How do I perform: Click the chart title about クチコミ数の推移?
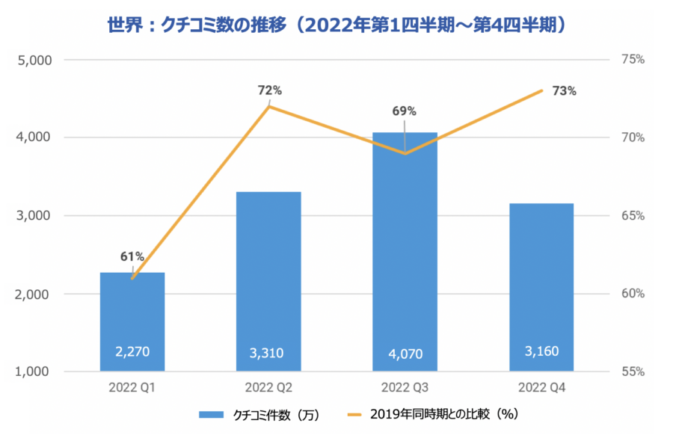(x=336, y=25)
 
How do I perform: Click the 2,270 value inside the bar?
(x=132, y=351)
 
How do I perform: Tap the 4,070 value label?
(x=405, y=352)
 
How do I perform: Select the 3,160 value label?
(x=541, y=351)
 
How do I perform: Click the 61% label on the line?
(x=132, y=256)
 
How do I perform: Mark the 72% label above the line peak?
(x=269, y=90)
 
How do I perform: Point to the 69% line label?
(x=405, y=111)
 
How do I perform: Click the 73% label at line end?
(x=565, y=91)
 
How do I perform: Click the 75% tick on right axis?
(x=633, y=60)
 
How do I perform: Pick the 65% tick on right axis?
(x=633, y=216)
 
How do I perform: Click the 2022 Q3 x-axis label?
(x=405, y=388)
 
